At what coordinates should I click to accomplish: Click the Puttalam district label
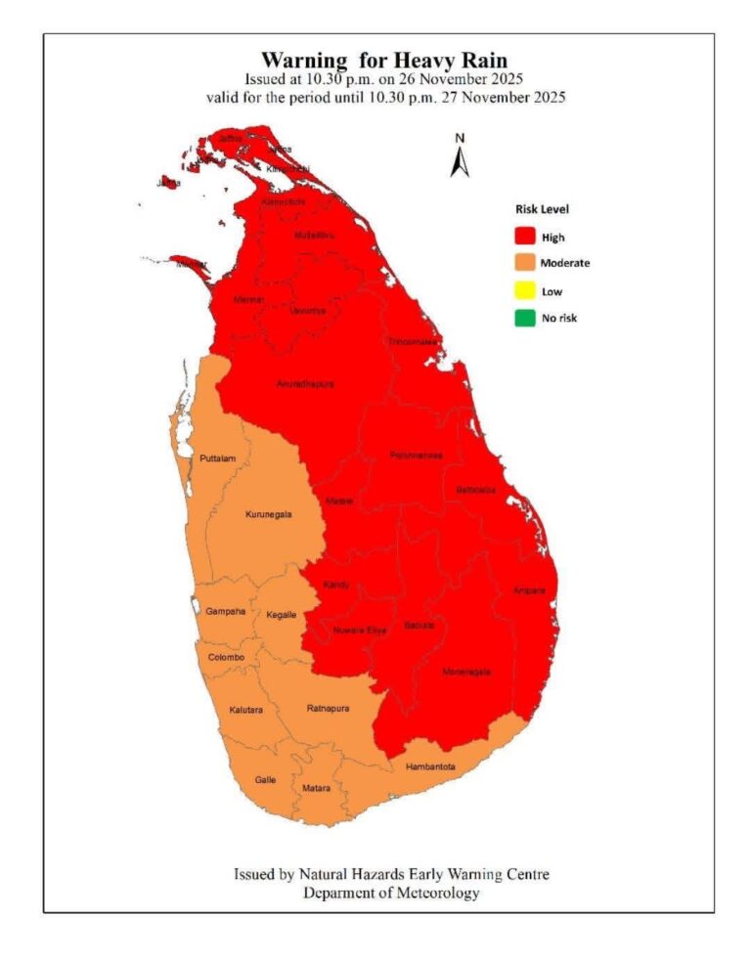(x=218, y=459)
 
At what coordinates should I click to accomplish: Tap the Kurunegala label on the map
(x=268, y=513)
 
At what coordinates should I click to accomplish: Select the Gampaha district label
(x=226, y=611)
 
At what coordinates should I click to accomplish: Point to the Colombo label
(x=226, y=657)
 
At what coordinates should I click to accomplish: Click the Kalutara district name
(x=245, y=710)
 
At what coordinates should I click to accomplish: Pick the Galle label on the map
(x=265, y=779)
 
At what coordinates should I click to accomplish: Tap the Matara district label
(x=317, y=787)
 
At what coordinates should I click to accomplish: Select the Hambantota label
(x=430, y=767)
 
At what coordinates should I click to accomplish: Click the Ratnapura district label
(x=329, y=708)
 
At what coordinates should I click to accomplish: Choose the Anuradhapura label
(x=305, y=384)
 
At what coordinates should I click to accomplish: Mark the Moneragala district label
(x=465, y=672)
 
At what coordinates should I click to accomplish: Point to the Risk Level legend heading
(x=542, y=208)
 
